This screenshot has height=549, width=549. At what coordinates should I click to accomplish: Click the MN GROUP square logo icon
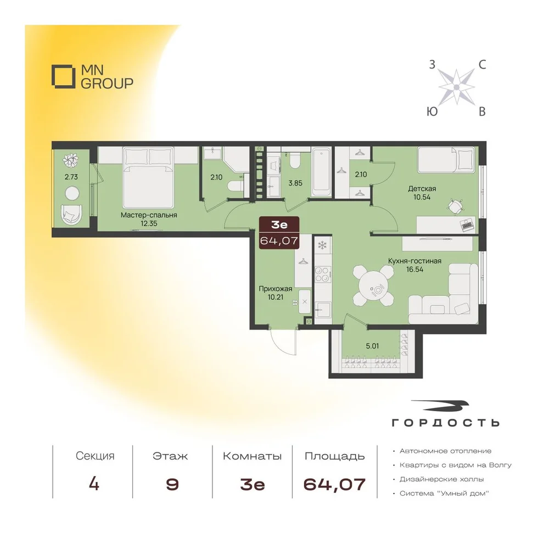[x=63, y=76]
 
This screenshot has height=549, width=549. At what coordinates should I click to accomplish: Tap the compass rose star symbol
[x=456, y=87]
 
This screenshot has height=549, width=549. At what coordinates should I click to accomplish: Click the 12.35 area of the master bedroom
[x=149, y=223]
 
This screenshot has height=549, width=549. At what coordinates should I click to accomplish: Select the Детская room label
[x=422, y=188]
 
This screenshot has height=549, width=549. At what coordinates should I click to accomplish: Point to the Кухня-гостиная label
[x=414, y=261]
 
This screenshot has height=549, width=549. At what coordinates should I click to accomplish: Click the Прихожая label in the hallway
[x=276, y=289]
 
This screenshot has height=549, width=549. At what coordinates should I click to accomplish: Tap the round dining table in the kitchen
[x=373, y=285]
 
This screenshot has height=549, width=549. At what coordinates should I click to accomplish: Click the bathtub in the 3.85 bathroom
[x=321, y=172]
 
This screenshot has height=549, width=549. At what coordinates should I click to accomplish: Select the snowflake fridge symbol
[x=322, y=245]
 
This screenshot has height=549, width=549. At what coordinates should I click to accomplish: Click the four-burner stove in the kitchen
[x=322, y=274]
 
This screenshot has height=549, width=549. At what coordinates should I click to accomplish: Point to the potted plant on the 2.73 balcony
[x=71, y=160]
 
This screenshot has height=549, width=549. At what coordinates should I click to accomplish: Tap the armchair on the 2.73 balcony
[x=71, y=214]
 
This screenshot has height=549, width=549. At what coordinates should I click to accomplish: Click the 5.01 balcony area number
[x=372, y=346]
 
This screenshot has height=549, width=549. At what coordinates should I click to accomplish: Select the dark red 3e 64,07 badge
[x=279, y=232]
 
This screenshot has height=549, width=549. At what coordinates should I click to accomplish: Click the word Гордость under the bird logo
[x=446, y=423]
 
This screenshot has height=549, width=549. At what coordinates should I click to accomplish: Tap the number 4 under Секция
[x=94, y=484]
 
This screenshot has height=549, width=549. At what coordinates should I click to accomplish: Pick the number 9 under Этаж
[x=172, y=485]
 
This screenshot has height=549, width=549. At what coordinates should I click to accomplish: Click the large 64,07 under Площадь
[x=334, y=485]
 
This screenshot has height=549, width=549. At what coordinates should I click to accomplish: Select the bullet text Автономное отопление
[x=445, y=451]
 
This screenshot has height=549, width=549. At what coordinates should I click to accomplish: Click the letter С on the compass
[x=482, y=64]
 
